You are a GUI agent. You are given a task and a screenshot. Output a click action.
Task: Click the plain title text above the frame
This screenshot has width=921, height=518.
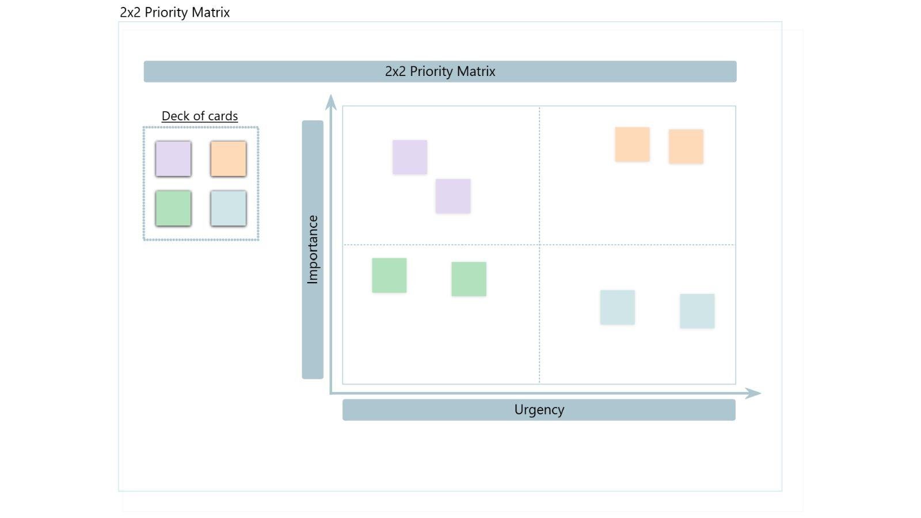pos(174,12)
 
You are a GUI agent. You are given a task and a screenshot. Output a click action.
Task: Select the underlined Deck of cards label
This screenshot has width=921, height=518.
pos(200,116)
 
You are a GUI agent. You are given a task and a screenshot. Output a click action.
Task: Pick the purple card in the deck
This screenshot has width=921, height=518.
pos(173,159)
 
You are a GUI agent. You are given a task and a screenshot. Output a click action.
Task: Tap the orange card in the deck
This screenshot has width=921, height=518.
pos(229,159)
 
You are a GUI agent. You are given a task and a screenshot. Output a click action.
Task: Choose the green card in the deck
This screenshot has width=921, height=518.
pos(173,208)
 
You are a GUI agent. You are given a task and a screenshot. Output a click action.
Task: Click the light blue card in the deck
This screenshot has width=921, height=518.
pos(229,208)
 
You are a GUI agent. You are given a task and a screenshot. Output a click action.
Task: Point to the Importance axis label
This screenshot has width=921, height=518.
pos(313,249)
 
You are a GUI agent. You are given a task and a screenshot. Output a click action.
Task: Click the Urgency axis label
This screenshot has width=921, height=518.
pos(539,410)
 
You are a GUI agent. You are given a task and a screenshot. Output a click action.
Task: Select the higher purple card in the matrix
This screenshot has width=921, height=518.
pos(410,157)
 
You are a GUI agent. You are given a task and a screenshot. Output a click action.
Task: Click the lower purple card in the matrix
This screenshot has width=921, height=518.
pos(453,196)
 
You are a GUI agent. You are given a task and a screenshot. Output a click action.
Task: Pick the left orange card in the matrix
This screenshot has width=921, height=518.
pos(632,144)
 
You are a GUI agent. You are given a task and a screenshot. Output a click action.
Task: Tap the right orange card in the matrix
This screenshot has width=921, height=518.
pos(686,147)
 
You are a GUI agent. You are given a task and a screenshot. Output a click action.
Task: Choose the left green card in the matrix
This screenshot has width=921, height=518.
pos(389,275)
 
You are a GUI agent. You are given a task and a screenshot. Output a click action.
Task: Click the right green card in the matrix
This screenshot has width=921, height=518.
pos(469,279)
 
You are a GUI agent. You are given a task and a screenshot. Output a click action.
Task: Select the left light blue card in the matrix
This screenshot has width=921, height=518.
pos(617,307)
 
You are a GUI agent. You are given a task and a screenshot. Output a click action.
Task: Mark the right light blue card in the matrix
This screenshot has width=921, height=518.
pos(697,311)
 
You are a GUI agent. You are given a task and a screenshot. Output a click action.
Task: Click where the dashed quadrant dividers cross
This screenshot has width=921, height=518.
pos(539,245)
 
